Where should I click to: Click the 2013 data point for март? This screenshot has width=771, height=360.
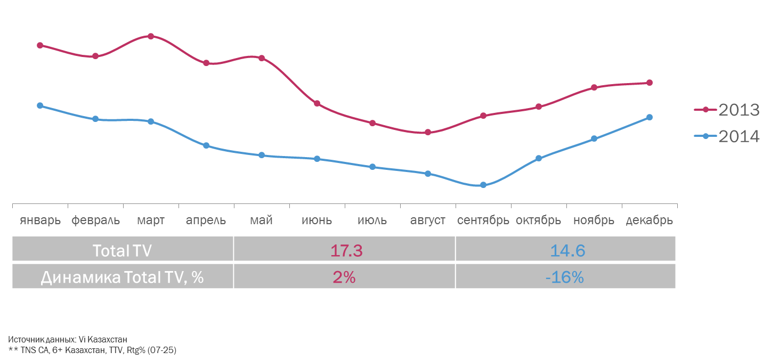(151, 36)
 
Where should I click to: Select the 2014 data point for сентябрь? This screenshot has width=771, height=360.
(483, 185)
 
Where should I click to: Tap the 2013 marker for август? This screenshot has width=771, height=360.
(428, 132)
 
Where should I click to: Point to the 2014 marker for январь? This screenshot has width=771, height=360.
(40, 105)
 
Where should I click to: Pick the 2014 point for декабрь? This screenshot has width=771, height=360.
(650, 117)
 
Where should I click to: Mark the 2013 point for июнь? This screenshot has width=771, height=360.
(317, 103)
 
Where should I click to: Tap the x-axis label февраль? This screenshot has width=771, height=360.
(95, 220)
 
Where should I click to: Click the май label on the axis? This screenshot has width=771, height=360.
(262, 220)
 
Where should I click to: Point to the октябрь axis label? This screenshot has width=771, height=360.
(539, 220)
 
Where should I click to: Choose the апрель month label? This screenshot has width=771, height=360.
(206, 220)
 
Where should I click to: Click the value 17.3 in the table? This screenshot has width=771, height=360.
(346, 250)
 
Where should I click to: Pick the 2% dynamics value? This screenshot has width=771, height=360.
(344, 277)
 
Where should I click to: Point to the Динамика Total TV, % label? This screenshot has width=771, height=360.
(122, 277)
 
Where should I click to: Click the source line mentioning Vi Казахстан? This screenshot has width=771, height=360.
(68, 339)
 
